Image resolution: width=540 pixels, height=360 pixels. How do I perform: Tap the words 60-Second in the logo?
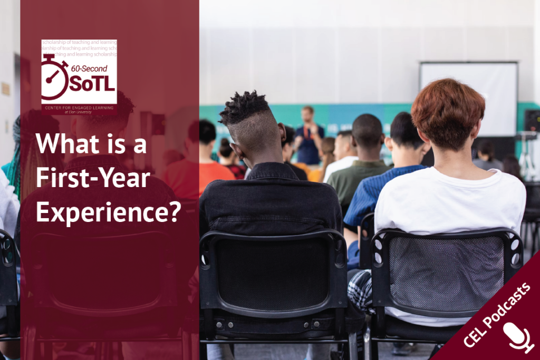click(89, 68)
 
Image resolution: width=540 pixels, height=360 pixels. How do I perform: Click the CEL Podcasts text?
click(496, 315)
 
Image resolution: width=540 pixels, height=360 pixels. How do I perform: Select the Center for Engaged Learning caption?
click(79, 108)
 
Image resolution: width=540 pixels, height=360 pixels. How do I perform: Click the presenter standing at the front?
click(309, 135)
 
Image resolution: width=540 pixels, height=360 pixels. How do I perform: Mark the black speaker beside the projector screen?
click(532, 121)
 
